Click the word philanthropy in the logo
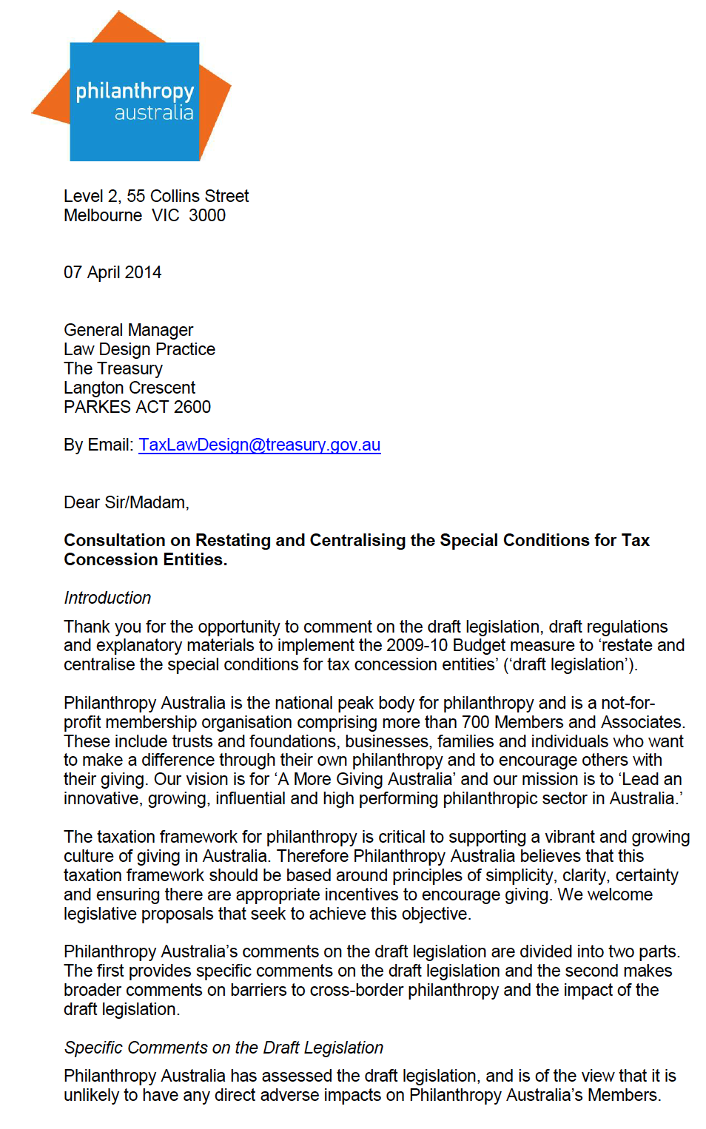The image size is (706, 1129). pyautogui.click(x=135, y=91)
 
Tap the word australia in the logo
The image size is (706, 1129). pyautogui.click(x=154, y=112)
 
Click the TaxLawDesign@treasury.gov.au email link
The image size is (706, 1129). pyautogui.click(x=259, y=445)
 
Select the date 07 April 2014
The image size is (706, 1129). pyautogui.click(x=112, y=272)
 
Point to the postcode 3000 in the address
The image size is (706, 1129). pyautogui.click(x=207, y=215)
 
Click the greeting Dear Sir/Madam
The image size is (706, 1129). pyautogui.click(x=126, y=502)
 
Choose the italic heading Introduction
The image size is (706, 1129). pyautogui.click(x=107, y=598)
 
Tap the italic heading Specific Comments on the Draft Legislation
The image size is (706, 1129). pyautogui.click(x=223, y=1048)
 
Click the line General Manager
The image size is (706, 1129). pyautogui.click(x=128, y=330)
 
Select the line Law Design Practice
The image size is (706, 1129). pyautogui.click(x=139, y=349)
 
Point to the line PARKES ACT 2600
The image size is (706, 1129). pyautogui.click(x=137, y=407)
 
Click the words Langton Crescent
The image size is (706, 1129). pyautogui.click(x=130, y=388)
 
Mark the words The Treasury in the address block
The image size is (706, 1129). pyautogui.click(x=112, y=368)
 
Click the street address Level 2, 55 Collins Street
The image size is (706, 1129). pyautogui.click(x=156, y=196)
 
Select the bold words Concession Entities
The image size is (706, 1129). pyautogui.click(x=144, y=559)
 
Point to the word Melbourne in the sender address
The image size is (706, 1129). pyautogui.click(x=103, y=215)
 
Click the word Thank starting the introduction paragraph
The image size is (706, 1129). pyautogui.click(x=86, y=627)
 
